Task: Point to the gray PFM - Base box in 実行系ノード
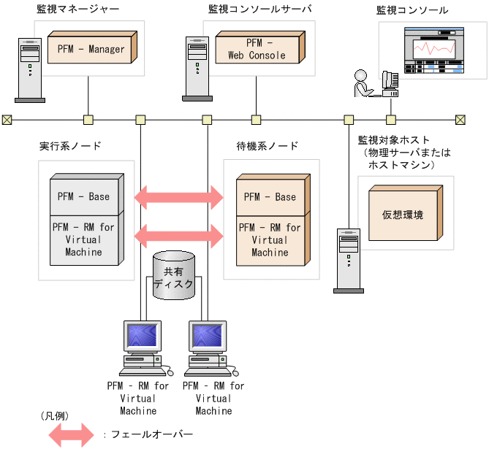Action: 83,196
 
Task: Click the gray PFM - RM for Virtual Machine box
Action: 83,239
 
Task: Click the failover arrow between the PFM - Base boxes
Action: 178,196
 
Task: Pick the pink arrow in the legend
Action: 71,434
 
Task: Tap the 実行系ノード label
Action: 70,145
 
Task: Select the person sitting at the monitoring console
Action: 363,83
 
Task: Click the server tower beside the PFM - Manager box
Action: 29,69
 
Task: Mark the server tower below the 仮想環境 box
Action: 349,259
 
